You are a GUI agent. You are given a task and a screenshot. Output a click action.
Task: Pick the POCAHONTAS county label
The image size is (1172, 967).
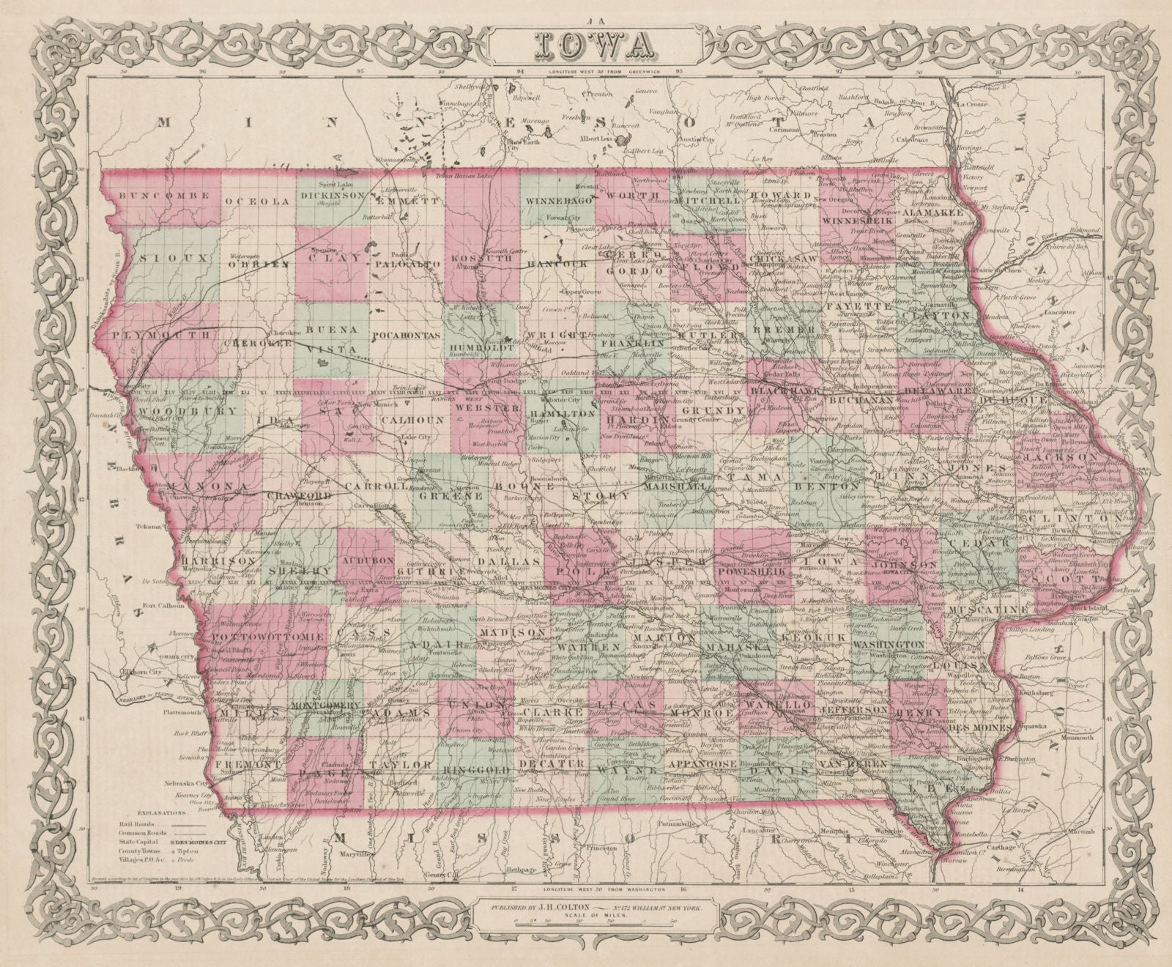(405, 334)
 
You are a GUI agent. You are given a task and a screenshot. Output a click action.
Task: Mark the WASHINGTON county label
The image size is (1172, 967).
(888, 642)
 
